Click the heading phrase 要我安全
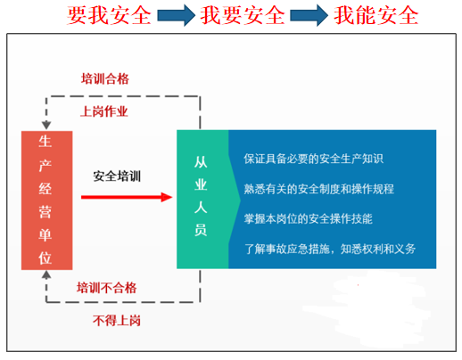pyautogui.click(x=109, y=15)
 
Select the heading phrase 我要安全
pyautogui.click(x=243, y=15)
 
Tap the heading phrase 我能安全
pyautogui.click(x=376, y=15)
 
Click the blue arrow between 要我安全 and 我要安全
pyautogui.click(x=176, y=15)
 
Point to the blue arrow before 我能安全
pyautogui.click(x=309, y=15)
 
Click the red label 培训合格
pyautogui.click(x=105, y=79)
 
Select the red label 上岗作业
pyautogui.click(x=104, y=111)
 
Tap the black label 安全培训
pyautogui.click(x=117, y=176)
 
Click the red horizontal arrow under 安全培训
pyautogui.click(x=127, y=197)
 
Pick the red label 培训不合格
pyautogui.click(x=107, y=288)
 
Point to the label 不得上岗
pyautogui.click(x=117, y=321)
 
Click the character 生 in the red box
pyautogui.click(x=45, y=142)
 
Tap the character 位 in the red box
pyautogui.click(x=45, y=258)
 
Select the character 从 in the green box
pyautogui.click(x=201, y=162)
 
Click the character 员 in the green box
pyautogui.click(x=201, y=230)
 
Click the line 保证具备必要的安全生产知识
pyautogui.click(x=314, y=159)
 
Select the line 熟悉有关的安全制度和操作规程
pyautogui.click(x=319, y=189)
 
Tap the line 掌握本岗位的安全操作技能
pyautogui.click(x=309, y=219)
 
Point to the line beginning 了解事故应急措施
pyautogui.click(x=330, y=249)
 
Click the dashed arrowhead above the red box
pyautogui.click(x=46, y=125)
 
